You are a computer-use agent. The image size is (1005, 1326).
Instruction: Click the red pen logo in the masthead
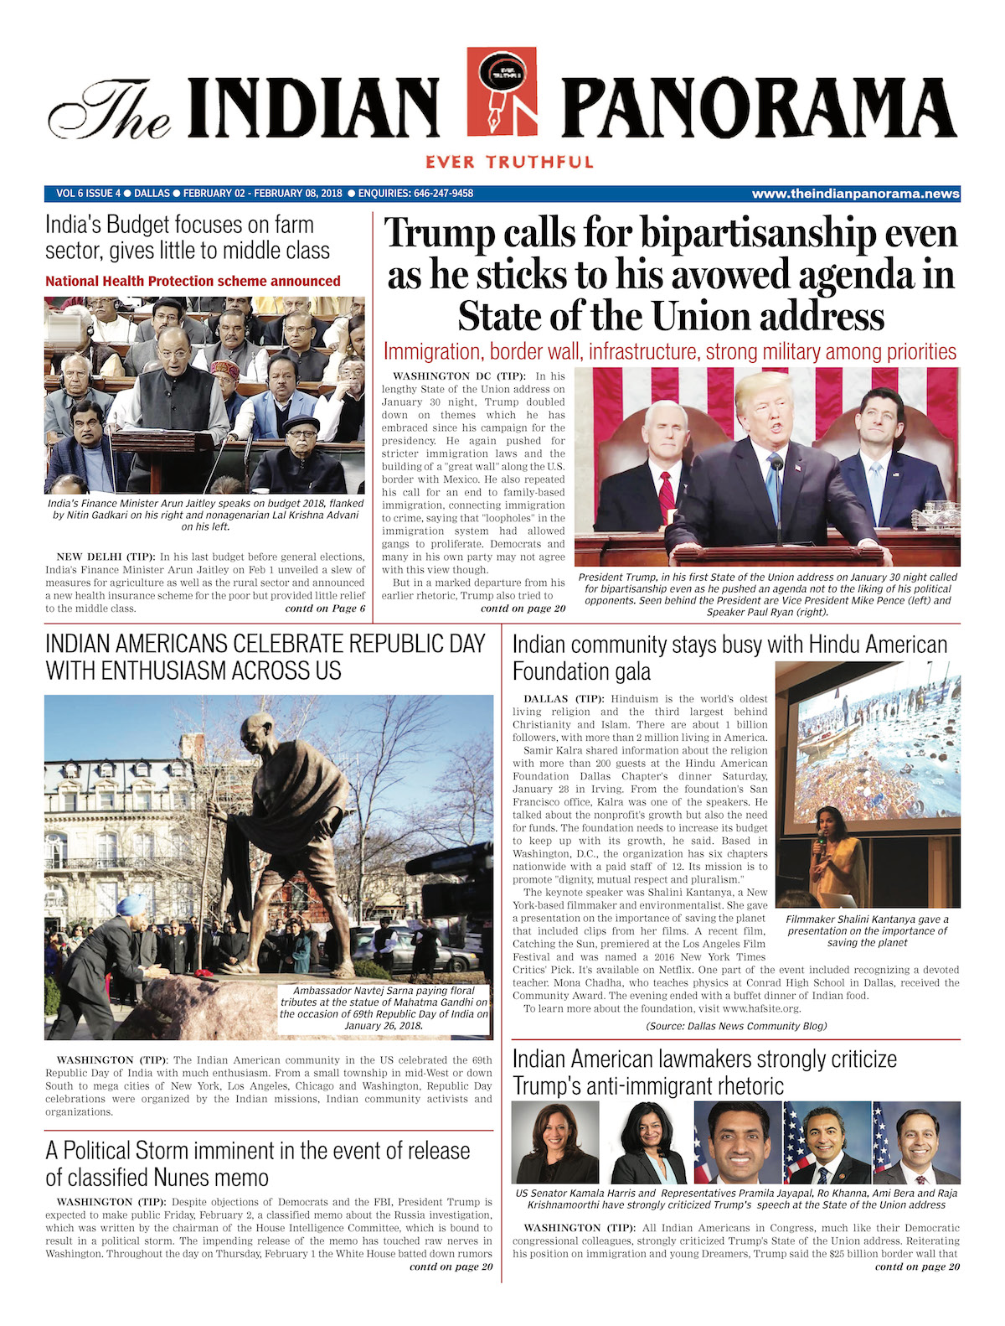coord(502,92)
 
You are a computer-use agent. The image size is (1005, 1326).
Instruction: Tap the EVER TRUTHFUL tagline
coord(509,162)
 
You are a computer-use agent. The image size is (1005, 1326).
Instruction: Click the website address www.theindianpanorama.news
coord(855,194)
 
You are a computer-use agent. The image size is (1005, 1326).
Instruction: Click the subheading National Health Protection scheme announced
coord(193,282)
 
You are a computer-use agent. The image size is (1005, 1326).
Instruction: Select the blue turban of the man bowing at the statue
coord(131,904)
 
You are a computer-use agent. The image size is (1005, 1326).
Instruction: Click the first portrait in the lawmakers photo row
coord(554,1142)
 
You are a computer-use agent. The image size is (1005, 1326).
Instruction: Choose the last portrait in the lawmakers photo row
coord(916,1142)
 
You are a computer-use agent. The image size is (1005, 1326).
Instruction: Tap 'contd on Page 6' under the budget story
coord(325,609)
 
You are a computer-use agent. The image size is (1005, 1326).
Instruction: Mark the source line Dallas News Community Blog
coord(736,1026)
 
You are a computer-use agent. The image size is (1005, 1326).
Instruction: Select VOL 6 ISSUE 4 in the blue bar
coord(88,194)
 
